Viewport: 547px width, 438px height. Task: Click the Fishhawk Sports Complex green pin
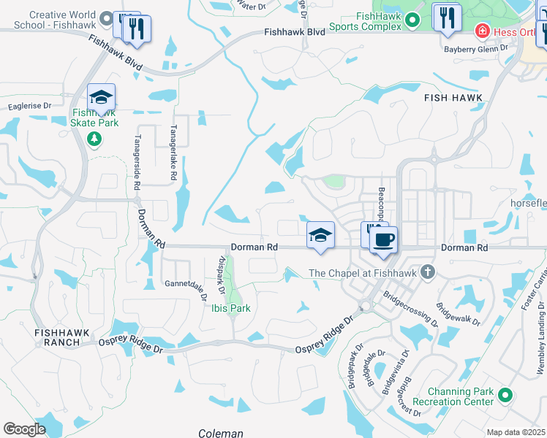(x=412, y=20)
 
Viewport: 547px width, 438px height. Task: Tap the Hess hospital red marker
(x=482, y=31)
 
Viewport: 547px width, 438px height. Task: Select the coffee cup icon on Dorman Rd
(x=383, y=239)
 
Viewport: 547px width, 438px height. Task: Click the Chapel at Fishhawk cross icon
(x=428, y=273)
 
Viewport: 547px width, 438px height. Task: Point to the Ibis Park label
(x=230, y=308)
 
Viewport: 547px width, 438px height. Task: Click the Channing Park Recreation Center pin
(x=505, y=396)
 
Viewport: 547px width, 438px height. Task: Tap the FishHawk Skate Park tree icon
(x=94, y=138)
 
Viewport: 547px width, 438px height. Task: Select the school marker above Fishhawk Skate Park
(x=102, y=98)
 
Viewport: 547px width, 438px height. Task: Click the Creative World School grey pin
(x=107, y=20)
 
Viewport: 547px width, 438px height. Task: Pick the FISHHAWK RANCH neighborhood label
(x=61, y=337)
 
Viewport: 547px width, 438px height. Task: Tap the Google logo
(x=24, y=429)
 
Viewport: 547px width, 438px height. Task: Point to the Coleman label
(x=220, y=433)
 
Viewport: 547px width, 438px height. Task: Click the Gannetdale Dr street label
(x=186, y=283)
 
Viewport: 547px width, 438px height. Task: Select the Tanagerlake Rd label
(x=173, y=135)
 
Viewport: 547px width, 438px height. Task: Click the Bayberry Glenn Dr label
(x=476, y=49)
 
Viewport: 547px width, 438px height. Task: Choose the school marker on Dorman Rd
(x=320, y=236)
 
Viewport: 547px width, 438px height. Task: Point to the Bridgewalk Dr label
(x=458, y=314)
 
